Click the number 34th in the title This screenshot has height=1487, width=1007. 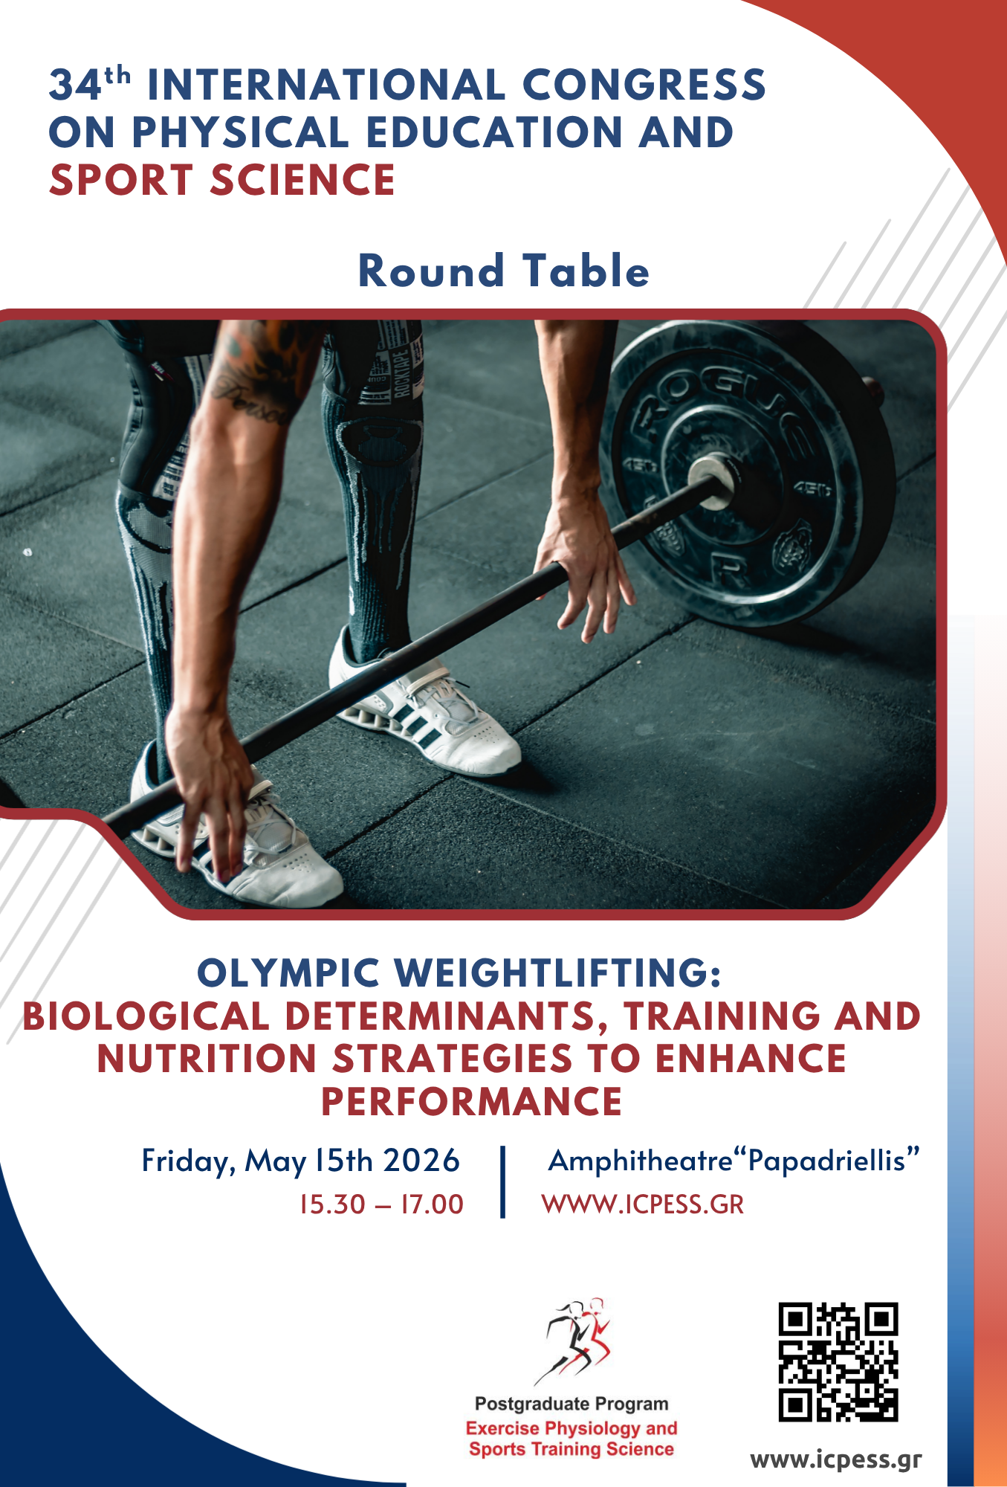point(90,83)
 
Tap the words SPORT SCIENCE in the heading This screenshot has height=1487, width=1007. point(221,180)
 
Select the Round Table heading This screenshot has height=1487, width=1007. point(504,270)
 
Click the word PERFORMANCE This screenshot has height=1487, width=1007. point(471,1101)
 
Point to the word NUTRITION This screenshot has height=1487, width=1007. point(207,1059)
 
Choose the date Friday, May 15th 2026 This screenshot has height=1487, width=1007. point(301,1161)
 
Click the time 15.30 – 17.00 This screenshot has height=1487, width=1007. point(381,1204)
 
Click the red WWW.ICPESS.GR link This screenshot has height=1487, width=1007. point(643,1204)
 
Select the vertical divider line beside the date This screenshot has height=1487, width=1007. point(503,1182)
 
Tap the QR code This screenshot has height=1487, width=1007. point(838,1362)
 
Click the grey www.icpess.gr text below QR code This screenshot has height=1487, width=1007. point(836,1460)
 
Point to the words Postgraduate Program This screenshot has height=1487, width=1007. point(572,1404)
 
